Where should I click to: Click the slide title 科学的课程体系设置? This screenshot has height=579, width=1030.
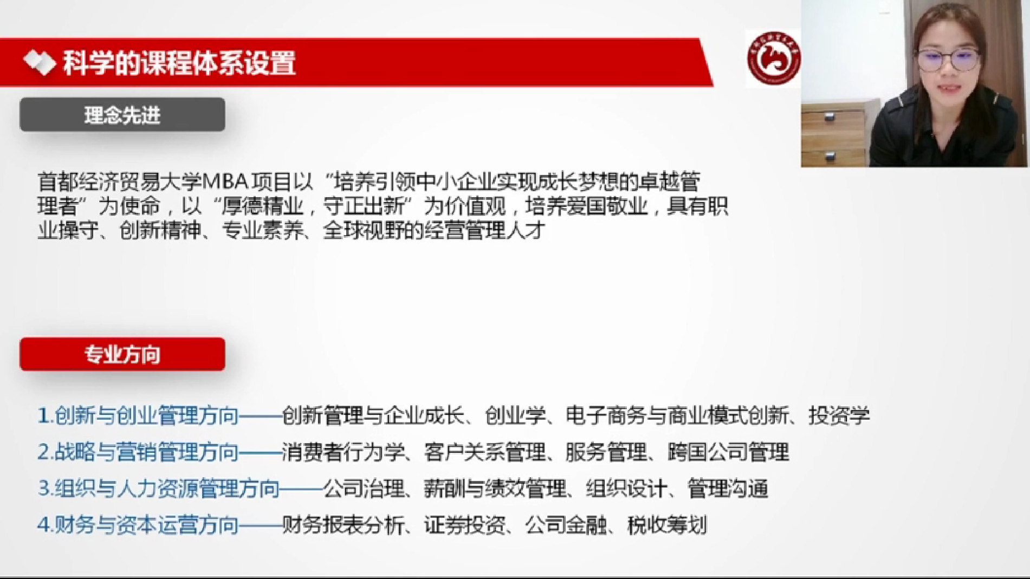179,63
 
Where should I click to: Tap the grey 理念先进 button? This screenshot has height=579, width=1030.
122,115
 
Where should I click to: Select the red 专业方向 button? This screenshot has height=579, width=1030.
122,354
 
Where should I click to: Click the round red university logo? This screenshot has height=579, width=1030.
773,59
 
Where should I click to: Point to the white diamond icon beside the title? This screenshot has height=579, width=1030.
40,63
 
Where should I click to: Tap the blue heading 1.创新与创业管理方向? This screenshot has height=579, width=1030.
138,416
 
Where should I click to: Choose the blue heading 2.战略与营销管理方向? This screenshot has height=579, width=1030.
138,452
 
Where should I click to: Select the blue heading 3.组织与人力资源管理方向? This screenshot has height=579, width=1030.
158,489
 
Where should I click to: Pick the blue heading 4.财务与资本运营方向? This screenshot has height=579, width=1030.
138,525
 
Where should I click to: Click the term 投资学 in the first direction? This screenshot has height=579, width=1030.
839,416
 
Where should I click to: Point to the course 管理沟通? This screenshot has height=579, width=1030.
728,489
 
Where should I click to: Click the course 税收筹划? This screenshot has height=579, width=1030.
667,525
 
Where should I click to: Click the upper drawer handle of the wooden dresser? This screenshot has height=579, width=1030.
829,115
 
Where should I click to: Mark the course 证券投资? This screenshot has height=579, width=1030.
464,525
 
